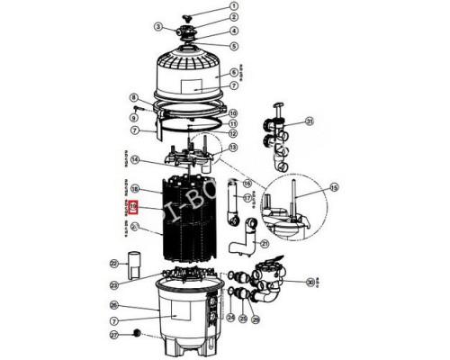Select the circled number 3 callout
point(158,26)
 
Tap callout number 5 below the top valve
point(234,45)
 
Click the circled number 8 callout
point(133,97)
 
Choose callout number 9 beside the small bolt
point(133,116)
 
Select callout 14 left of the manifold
point(133,161)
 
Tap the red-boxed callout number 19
point(133,206)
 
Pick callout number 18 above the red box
point(133,190)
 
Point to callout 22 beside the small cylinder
point(114,263)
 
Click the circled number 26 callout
point(114,304)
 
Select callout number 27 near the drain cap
point(114,335)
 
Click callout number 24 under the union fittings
point(229,318)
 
